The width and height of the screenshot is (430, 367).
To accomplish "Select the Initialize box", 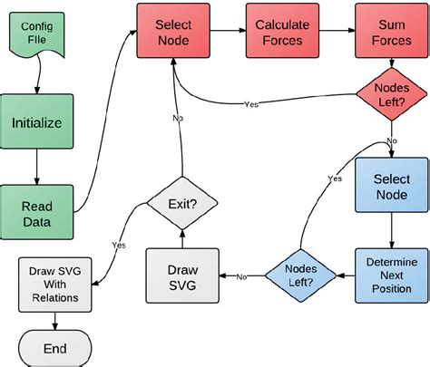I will tap(36, 121).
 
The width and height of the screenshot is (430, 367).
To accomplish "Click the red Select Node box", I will tap(172, 32).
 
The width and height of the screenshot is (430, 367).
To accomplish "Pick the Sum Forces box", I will tap(390, 32).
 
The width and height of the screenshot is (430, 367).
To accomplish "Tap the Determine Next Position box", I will tap(390, 275).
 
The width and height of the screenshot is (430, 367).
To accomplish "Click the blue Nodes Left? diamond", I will tap(300, 275).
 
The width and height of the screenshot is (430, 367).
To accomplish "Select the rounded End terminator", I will tap(54, 346).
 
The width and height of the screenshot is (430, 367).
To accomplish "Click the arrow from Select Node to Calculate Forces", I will tap(225, 32).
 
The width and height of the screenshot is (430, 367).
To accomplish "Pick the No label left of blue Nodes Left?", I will tap(242, 275).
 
